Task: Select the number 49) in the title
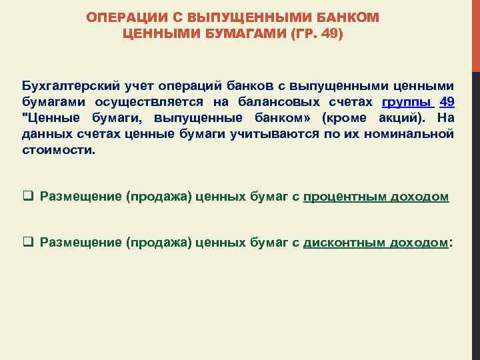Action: (331, 33)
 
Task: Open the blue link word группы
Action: (407, 102)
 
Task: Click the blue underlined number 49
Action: (447, 102)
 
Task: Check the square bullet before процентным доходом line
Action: (29, 197)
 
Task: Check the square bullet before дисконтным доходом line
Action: (29, 243)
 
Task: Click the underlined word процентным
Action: (347, 197)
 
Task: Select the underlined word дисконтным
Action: (345, 243)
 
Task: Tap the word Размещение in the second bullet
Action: (81, 243)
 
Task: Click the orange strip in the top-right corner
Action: (475, 33)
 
